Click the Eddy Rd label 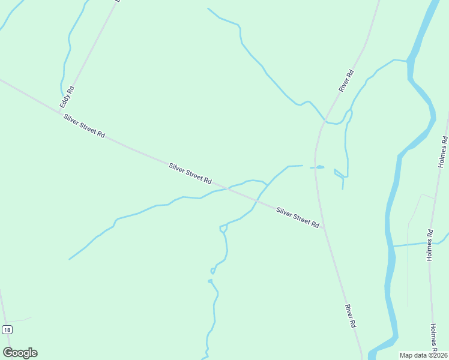(x=67, y=97)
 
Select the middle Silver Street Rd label (x=190, y=173)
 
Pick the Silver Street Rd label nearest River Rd (x=297, y=217)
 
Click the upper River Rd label (x=346, y=81)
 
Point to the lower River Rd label (x=351, y=315)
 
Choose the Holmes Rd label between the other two (x=430, y=244)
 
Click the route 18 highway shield (x=7, y=329)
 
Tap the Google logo (x=20, y=353)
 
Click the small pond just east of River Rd (x=319, y=167)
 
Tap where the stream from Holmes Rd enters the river (x=393, y=246)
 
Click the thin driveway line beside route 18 (x=21, y=319)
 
